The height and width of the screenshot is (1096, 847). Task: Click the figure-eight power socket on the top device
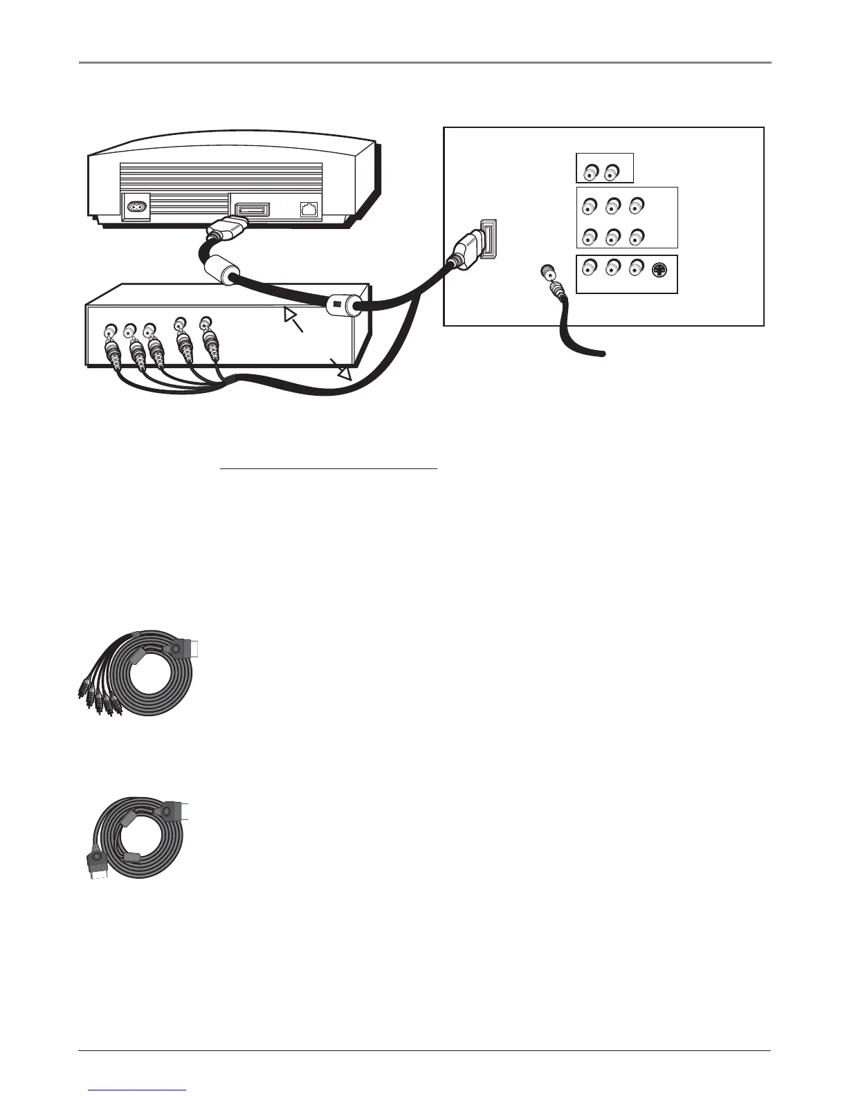pos(136,207)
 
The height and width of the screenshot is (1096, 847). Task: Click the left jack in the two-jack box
pos(590,170)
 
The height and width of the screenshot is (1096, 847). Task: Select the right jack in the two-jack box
pos(612,170)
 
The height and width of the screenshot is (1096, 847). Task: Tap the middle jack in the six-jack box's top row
pos(612,205)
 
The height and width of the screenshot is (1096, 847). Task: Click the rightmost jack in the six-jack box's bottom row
pos(636,236)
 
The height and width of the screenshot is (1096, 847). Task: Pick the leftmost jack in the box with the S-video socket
pos(590,267)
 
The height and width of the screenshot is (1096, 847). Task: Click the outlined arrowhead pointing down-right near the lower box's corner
pos(343,372)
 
